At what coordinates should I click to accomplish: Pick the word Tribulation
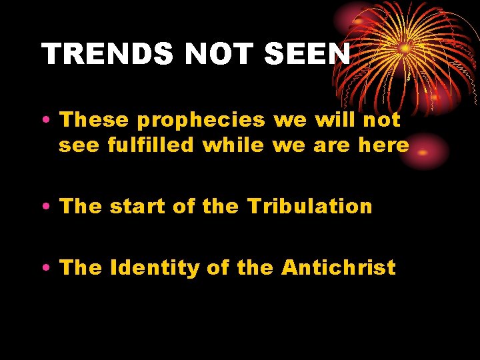point(310,206)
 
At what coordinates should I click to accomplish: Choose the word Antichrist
point(338,268)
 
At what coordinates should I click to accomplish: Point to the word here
point(383,145)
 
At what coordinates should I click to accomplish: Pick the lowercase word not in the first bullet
point(383,121)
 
